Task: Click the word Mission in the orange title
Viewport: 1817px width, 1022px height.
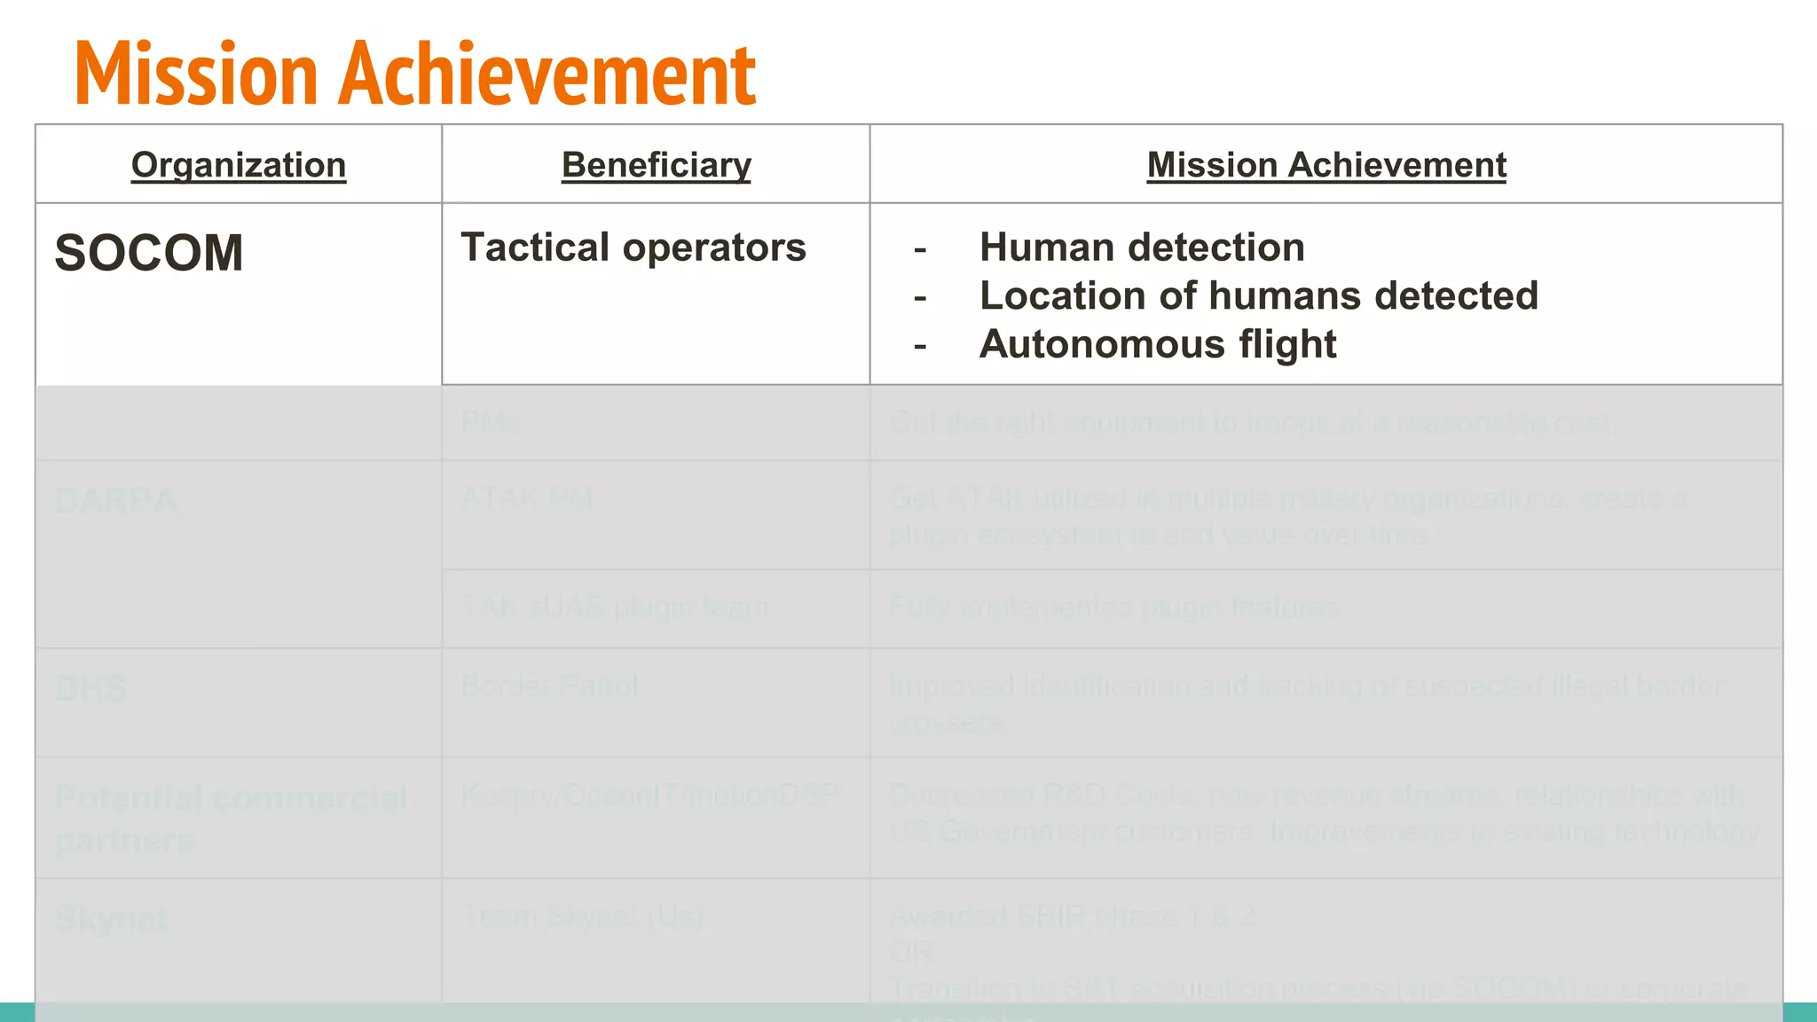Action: [196, 75]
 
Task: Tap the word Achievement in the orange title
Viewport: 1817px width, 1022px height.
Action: [547, 75]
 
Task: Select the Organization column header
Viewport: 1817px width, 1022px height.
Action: [239, 165]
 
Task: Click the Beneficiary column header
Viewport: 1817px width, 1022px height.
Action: [657, 165]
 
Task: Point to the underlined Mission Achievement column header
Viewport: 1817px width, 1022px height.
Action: [1326, 165]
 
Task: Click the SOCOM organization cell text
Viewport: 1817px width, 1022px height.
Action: [149, 253]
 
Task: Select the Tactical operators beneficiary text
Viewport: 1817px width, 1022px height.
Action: [633, 248]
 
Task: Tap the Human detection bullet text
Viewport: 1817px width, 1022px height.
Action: [1142, 248]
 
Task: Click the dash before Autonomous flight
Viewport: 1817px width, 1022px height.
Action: [920, 345]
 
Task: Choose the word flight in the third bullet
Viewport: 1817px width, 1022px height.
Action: [1287, 344]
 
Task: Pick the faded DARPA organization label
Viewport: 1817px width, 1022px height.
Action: [115, 501]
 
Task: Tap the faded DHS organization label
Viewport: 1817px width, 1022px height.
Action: [90, 689]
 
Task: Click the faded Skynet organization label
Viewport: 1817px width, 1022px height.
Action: [111, 920]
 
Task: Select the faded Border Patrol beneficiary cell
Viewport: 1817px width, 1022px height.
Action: [549, 686]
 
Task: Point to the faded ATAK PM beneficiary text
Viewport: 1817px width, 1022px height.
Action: [526, 499]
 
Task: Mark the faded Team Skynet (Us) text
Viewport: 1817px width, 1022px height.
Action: [582, 916]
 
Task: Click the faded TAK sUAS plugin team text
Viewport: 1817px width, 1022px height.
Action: [614, 608]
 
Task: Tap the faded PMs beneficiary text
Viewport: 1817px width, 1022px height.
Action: [491, 423]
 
